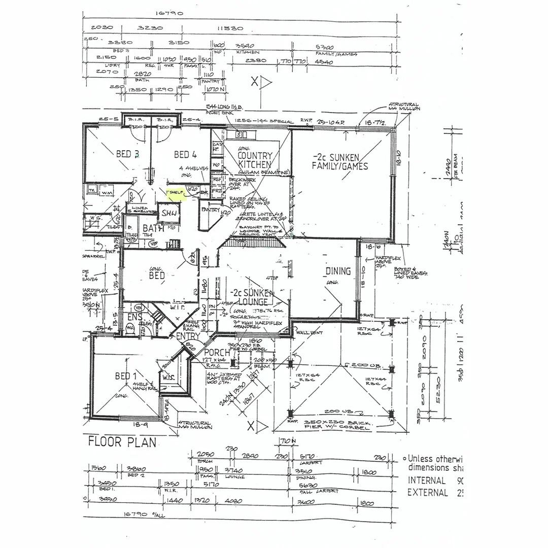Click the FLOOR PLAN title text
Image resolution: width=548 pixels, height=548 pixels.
tap(122, 441)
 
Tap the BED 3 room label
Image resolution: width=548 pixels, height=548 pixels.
tap(124, 154)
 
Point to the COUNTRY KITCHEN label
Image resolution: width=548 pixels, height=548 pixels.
tap(255, 160)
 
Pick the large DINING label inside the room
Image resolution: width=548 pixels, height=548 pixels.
tap(338, 271)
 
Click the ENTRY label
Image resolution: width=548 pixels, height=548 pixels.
tap(188, 336)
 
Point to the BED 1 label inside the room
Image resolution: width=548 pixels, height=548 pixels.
tap(126, 376)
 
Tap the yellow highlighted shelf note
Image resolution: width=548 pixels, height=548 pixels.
tap(177, 193)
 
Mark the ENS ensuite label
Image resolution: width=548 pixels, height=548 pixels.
tap(134, 317)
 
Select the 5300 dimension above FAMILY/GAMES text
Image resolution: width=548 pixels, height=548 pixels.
tap(325, 47)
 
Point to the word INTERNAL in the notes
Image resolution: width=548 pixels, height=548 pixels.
tap(427, 480)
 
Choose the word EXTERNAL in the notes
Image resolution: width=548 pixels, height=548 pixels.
tap(428, 492)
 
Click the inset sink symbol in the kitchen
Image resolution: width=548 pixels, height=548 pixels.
tap(241, 134)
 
